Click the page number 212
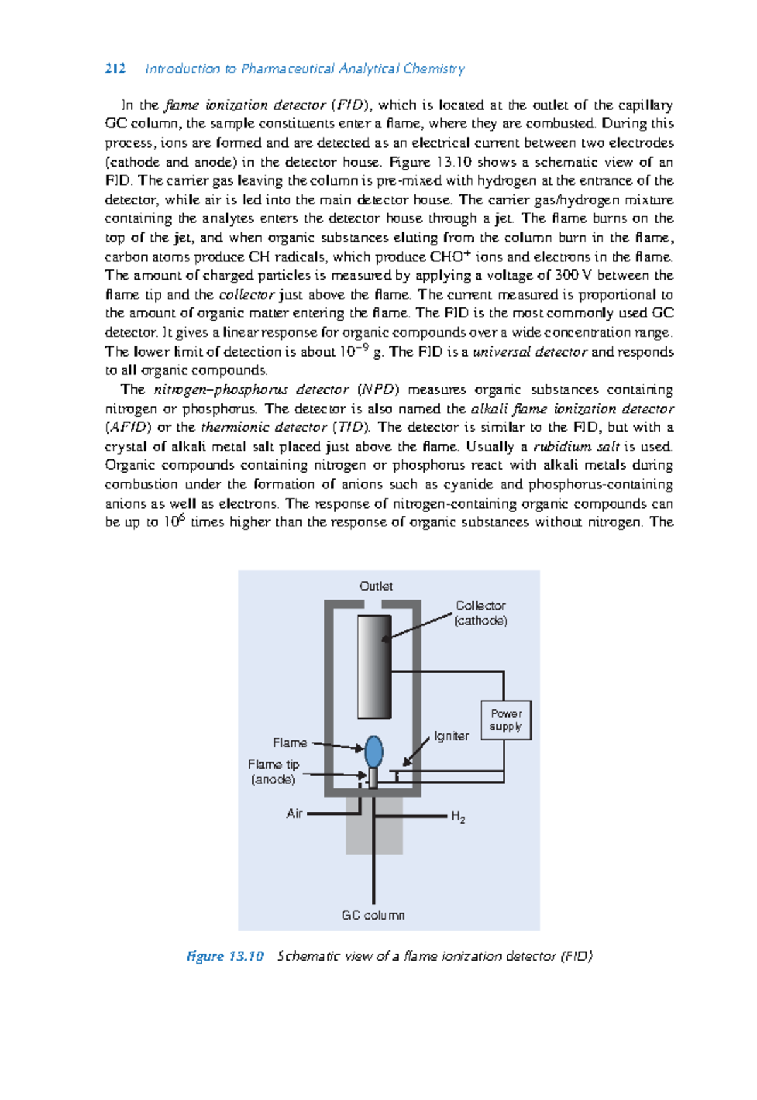coord(115,69)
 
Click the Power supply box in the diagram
coord(506,720)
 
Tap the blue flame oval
coord(374,752)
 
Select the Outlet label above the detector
coord(376,586)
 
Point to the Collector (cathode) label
coord(481,613)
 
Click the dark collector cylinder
coord(374,666)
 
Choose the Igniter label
coord(451,736)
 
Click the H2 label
coord(458,817)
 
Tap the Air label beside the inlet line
coord(295,813)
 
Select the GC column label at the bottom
coord(373,915)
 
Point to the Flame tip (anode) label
coord(274,772)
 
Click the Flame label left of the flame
coord(290,743)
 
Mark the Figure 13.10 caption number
coord(225,956)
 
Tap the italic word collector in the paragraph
coord(247,295)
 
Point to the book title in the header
coord(305,69)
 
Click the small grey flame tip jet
coord(373,778)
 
